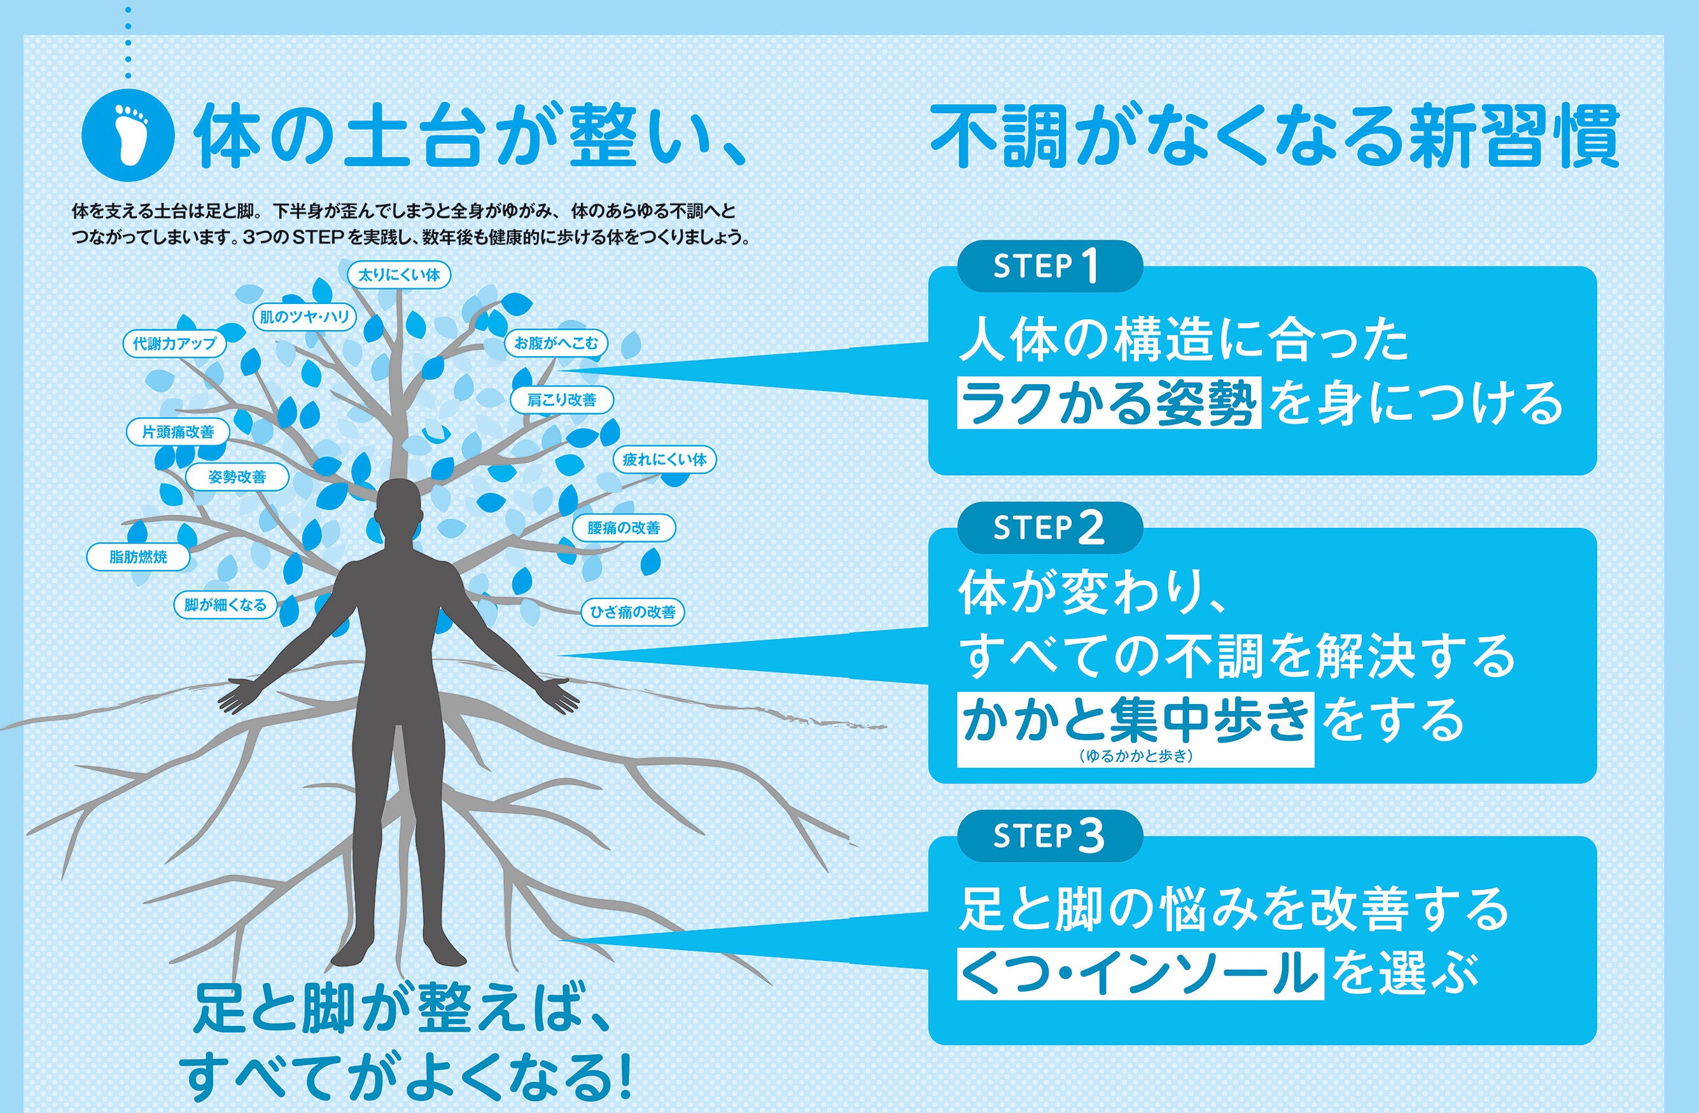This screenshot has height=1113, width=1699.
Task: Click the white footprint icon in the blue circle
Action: [128, 134]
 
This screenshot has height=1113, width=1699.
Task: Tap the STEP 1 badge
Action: [1049, 266]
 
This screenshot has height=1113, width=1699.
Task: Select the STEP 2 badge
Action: [1049, 528]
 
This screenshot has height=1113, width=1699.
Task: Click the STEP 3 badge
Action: [1049, 836]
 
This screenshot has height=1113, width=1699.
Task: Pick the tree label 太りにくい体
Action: [399, 275]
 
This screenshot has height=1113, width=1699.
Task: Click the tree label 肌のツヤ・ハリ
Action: [305, 317]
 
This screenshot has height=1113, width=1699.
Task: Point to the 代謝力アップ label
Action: [174, 343]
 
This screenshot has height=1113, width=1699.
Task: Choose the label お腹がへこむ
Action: [556, 343]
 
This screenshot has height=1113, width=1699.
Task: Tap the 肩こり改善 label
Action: [562, 399]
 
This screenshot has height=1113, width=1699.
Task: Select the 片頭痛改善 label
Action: [178, 432]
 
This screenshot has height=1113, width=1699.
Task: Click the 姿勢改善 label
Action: [237, 476]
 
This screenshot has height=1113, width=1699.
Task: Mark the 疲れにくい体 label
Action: [664, 459]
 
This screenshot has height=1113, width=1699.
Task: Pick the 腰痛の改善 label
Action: [623, 528]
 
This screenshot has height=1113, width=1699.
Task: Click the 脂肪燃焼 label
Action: [139, 556]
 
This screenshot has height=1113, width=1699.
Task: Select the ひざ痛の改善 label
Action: [633, 611]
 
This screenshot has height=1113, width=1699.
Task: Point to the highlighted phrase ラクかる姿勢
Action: [1108, 403]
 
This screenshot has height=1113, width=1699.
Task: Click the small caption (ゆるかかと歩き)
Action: [1135, 756]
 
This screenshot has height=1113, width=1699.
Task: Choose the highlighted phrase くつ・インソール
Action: [1140, 973]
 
